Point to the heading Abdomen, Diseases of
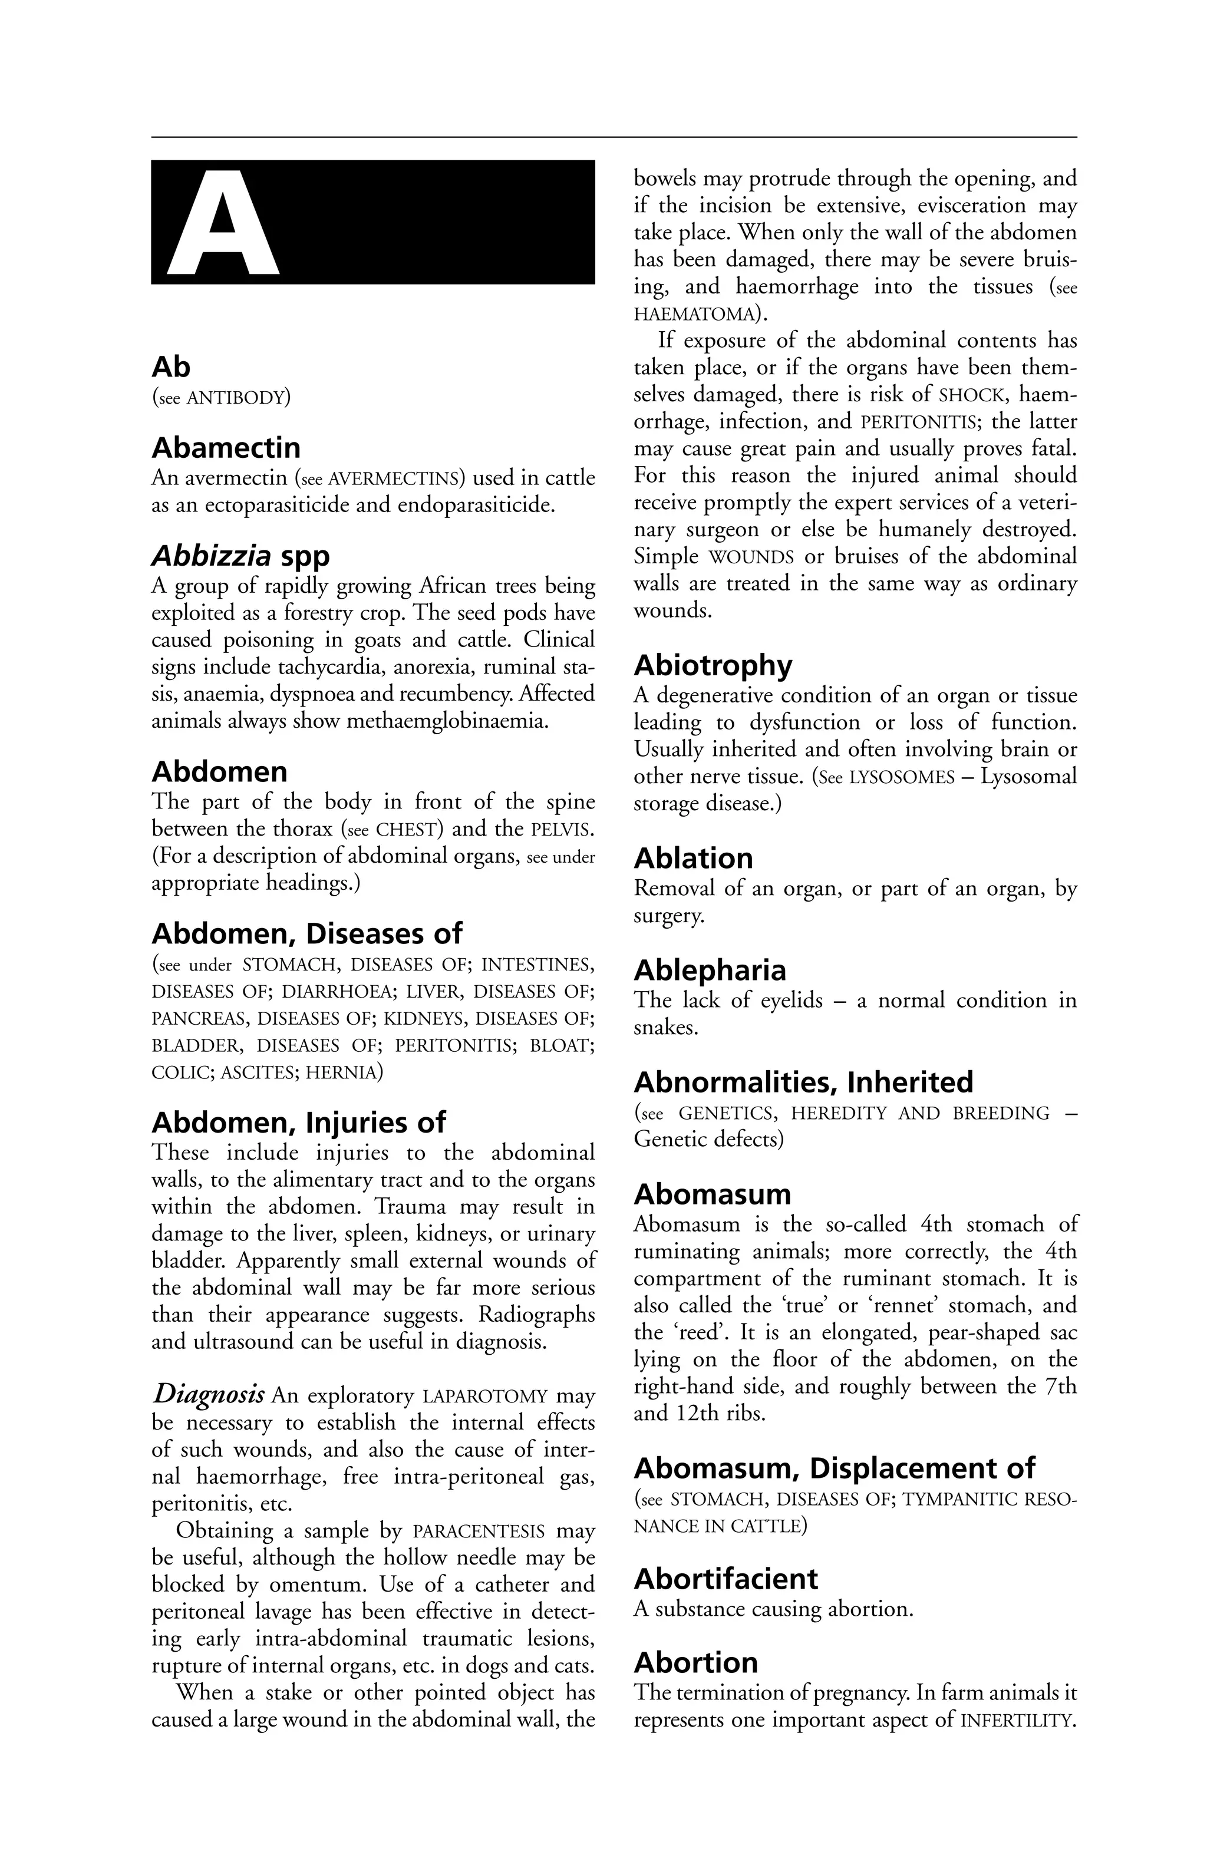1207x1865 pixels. pyautogui.click(x=306, y=933)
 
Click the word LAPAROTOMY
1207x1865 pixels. pyautogui.click(x=484, y=1397)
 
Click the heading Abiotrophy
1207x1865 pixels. pyautogui.click(x=713, y=665)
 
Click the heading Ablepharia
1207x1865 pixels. pyautogui.click(x=710, y=970)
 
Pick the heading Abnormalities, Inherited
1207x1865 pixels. pyautogui.click(x=803, y=1082)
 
